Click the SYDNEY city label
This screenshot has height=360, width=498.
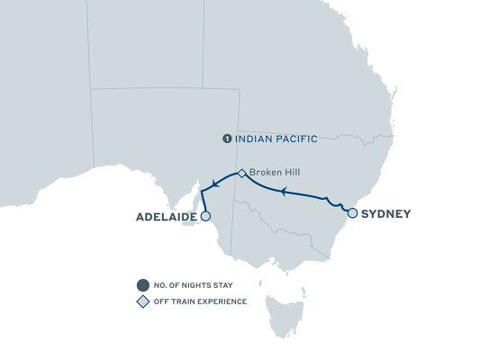coord(386,214)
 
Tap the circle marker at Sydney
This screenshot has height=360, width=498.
coord(352,213)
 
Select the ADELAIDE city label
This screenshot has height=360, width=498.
coord(167,217)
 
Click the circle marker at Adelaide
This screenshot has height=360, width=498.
coord(205,217)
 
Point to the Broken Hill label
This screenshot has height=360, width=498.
coord(272,172)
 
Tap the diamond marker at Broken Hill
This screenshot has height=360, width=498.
coord(240,172)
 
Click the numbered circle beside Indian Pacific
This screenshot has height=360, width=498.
coord(227,139)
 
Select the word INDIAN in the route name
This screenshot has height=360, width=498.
coord(253,139)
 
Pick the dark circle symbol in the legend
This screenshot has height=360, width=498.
coord(141,286)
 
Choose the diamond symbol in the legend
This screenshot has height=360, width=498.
coord(141,301)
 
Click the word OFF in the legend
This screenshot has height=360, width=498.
coord(162,301)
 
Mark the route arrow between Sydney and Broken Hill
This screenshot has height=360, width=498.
coord(283,192)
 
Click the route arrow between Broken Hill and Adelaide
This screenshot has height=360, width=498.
coord(209,184)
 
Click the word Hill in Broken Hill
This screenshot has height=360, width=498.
coord(288,172)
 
